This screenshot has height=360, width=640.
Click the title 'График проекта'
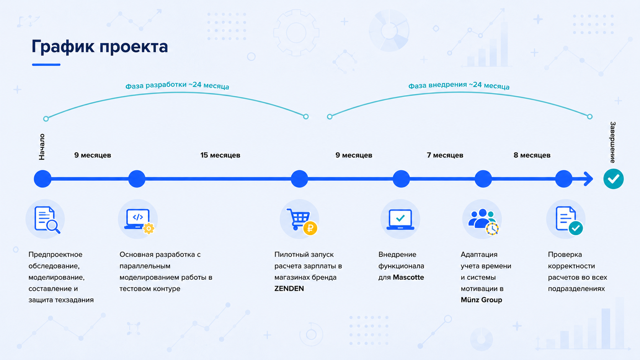pos(100,47)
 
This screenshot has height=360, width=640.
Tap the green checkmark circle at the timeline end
pos(614,179)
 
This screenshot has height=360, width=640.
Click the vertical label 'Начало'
pos(42,147)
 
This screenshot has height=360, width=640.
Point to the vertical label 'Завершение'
pos(612,142)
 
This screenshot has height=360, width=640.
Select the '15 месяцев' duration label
pos(220,155)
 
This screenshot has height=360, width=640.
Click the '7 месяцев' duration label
pos(445,155)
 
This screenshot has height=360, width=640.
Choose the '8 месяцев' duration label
pos(532,155)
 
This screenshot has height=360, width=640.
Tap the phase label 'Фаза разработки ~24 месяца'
pos(177,85)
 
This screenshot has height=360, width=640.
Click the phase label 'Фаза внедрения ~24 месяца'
pos(459,85)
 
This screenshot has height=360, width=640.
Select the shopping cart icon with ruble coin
pos(302,222)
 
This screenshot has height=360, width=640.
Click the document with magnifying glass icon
pos(47,220)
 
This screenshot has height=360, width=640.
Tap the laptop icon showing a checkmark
pos(400,220)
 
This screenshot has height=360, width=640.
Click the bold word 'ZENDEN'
pos(289,288)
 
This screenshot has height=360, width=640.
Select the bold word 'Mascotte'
pos(408,277)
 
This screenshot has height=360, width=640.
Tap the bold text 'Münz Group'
pos(482,300)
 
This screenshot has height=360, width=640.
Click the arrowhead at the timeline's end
pos(589,179)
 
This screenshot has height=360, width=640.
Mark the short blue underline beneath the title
pos(46,65)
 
